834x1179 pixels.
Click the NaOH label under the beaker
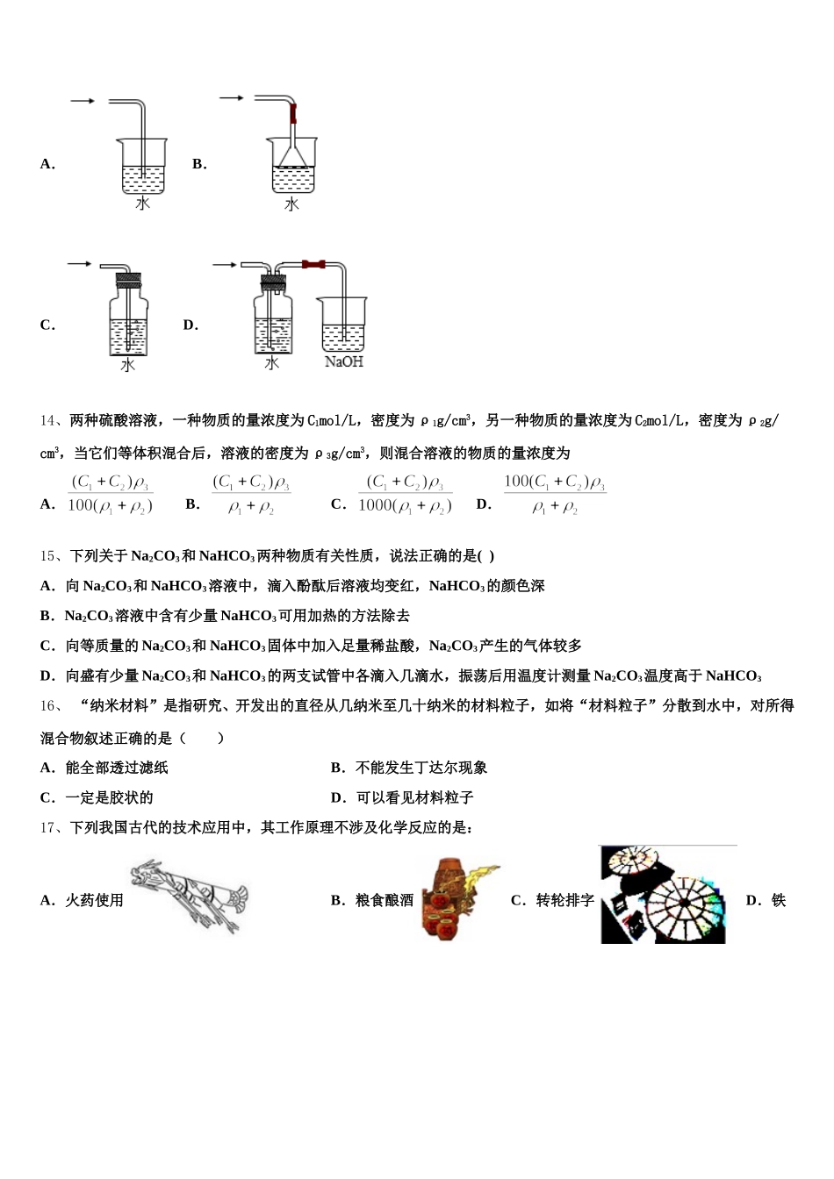tap(343, 361)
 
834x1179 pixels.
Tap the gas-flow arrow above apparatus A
tap(83, 102)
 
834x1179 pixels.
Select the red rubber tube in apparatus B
tap(293, 113)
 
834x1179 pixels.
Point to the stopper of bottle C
tap(128, 282)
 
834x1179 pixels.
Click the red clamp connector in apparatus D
tap(313, 263)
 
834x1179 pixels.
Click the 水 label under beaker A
tap(142, 204)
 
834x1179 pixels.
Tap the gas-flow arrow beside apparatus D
tap(225, 264)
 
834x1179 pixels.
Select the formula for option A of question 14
tap(111, 494)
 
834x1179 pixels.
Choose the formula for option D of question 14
tap(554, 494)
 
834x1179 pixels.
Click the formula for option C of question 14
tap(405, 494)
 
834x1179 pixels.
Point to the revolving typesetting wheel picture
tap(665, 895)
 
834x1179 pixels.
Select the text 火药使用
tap(94, 900)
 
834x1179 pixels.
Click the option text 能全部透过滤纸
tap(117, 768)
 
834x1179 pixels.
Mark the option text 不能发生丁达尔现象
tap(421, 768)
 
